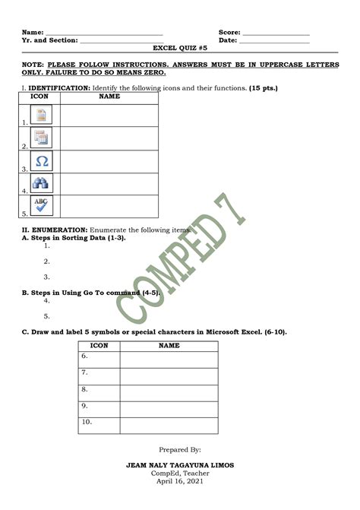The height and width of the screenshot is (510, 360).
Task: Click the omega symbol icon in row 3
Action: coord(42,162)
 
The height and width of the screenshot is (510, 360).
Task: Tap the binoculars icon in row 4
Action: coord(42,184)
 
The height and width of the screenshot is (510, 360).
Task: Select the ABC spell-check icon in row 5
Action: coord(42,206)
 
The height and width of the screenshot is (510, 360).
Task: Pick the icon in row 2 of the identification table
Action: coord(42,138)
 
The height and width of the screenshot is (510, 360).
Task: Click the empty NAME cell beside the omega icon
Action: coord(109,162)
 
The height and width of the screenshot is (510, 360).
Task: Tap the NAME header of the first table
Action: coord(109,97)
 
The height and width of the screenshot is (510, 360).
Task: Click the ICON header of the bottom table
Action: coord(99,346)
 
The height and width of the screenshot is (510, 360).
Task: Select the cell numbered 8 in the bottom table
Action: coord(99,389)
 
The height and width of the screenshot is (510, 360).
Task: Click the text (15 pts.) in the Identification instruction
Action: coord(263,88)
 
